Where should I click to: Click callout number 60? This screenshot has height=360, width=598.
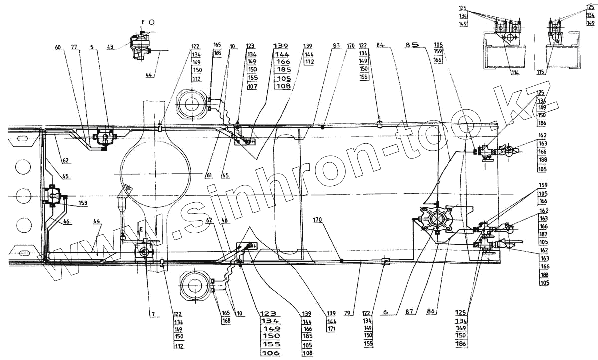pyautogui.click(x=58, y=47)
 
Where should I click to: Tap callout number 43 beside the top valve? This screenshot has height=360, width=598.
pyautogui.click(x=110, y=47)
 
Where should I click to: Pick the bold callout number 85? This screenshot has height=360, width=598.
pyautogui.click(x=412, y=46)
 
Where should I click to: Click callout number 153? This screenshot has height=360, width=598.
pyautogui.click(x=82, y=203)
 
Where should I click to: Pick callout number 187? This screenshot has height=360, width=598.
pyautogui.click(x=542, y=234)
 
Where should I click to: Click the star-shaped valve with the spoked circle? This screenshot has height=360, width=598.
pyautogui.click(x=437, y=218)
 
